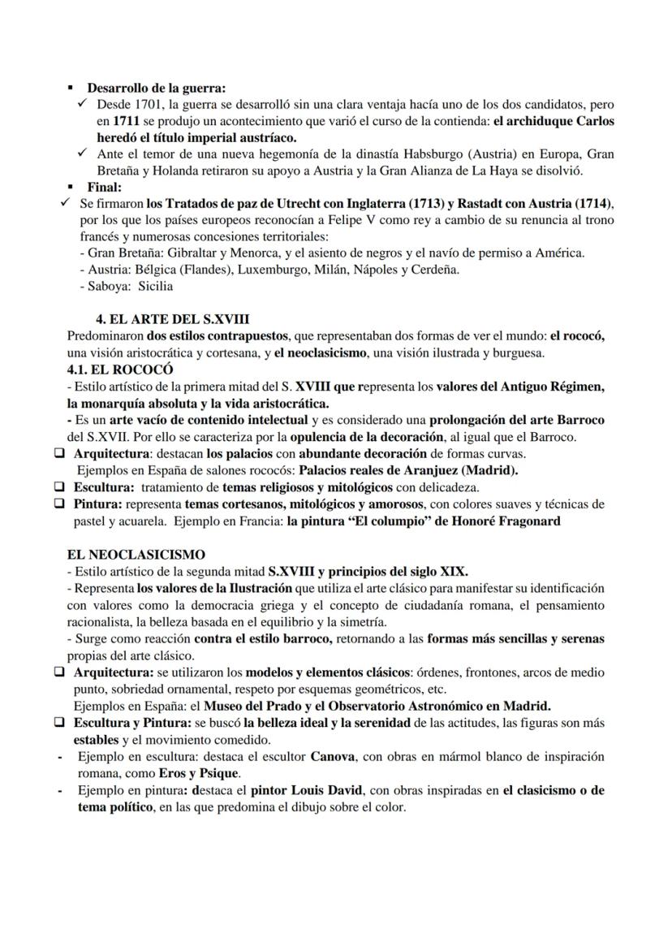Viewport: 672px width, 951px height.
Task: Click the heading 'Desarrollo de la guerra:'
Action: pyautogui.click(x=156, y=87)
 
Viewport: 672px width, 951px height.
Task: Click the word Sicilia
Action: pyautogui.click(x=155, y=286)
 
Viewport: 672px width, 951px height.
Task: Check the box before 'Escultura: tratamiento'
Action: pyautogui.click(x=59, y=487)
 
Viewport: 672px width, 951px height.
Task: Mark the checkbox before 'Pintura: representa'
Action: pyautogui.click(x=59, y=504)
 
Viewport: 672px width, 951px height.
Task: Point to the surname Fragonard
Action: pyautogui.click(x=525, y=521)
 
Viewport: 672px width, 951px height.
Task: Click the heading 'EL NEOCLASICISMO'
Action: pyautogui.click(x=136, y=555)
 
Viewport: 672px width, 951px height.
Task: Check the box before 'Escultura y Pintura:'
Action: pyautogui.click(x=59, y=722)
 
